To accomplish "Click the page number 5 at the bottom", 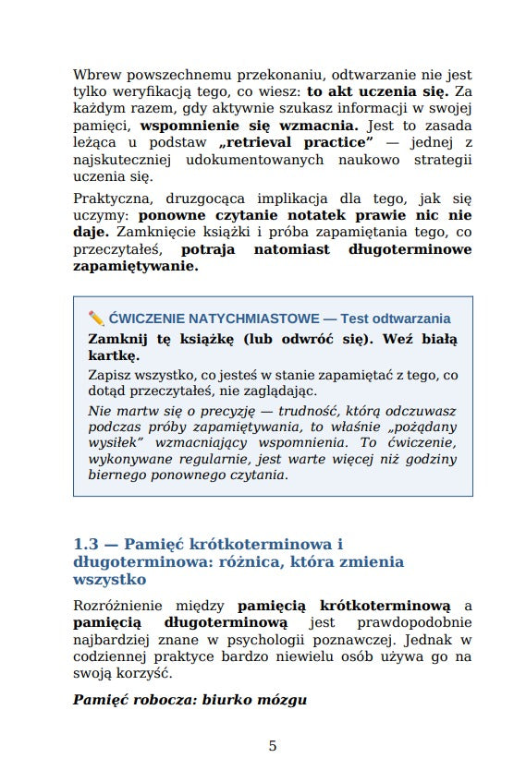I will (x=273, y=746).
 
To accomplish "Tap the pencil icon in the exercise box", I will (x=95, y=319).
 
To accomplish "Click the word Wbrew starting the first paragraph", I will (x=95, y=75).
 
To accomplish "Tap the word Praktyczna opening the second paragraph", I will (x=109, y=199).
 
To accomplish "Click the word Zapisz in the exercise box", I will (x=110, y=376).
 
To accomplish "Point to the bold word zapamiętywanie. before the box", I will (x=135, y=266).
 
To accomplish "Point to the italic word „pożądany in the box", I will (x=422, y=427).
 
